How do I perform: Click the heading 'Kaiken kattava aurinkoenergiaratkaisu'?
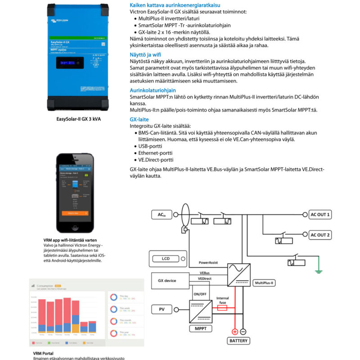point(171,4)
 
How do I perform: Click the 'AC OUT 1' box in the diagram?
point(320,215)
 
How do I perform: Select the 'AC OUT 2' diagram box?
point(320,235)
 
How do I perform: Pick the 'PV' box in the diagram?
point(162,309)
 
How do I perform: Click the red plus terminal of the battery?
point(234,332)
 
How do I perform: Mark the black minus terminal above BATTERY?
point(243,332)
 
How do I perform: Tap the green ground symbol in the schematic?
point(318,270)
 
